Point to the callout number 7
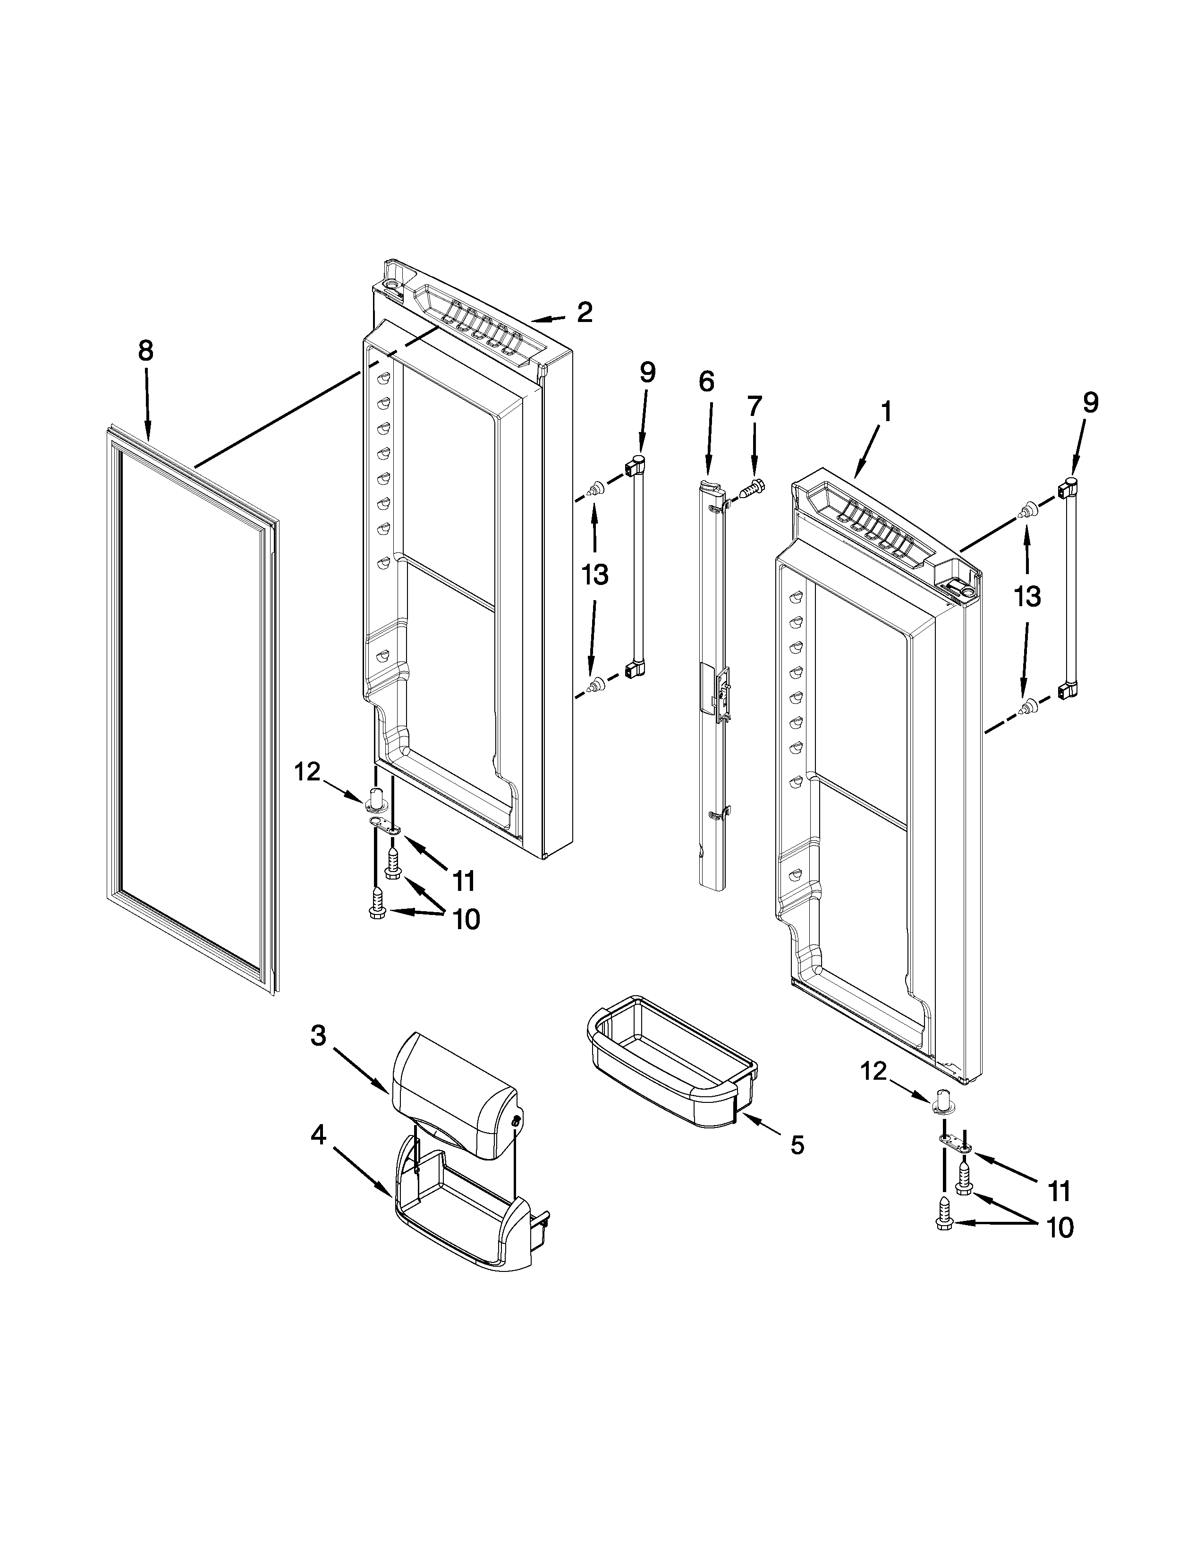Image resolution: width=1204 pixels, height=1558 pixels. (x=754, y=406)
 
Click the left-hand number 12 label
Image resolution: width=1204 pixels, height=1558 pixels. (x=308, y=772)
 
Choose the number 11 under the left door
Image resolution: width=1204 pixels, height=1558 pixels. (x=464, y=882)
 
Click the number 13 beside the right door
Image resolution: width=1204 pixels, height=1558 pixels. (x=1027, y=596)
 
